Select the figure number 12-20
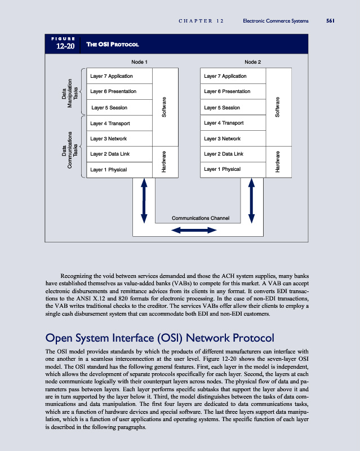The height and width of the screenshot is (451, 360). [65, 46]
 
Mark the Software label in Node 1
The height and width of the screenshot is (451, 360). [164, 107]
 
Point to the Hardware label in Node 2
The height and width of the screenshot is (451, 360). [278, 161]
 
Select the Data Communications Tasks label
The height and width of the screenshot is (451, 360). [71, 145]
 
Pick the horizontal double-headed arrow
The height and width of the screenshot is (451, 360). [194, 229]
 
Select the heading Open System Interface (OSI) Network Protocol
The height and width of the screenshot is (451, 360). [159, 338]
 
